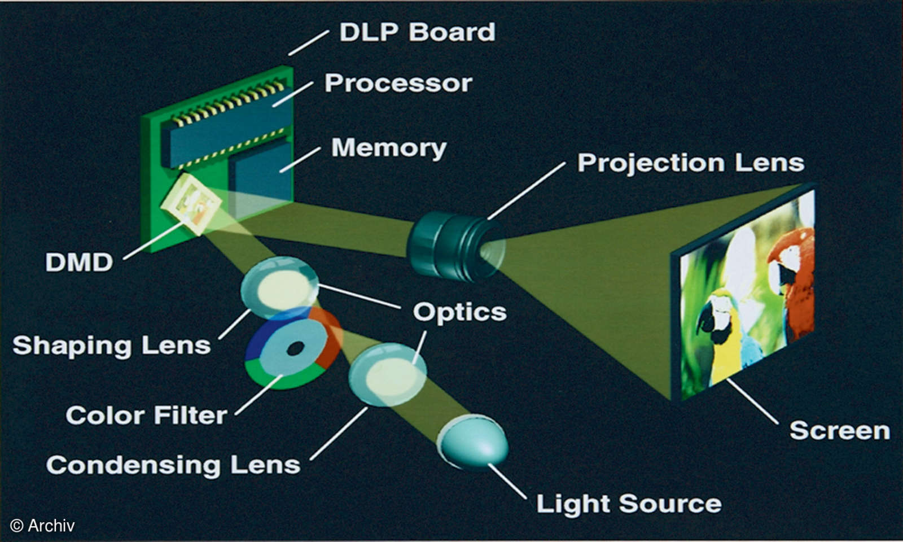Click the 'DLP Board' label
pyautogui.click(x=417, y=32)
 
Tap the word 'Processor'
pyautogui.click(x=398, y=84)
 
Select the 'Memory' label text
pyautogui.click(x=388, y=148)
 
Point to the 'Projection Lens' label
pyautogui.click(x=690, y=163)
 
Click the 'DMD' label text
pyautogui.click(x=79, y=263)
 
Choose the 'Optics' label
pyautogui.click(x=459, y=312)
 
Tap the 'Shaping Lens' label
pyautogui.click(x=112, y=346)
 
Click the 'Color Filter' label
pyautogui.click(x=146, y=416)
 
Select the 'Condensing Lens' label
pyautogui.click(x=173, y=465)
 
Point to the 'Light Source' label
pyautogui.click(x=628, y=504)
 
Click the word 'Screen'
pyautogui.click(x=839, y=431)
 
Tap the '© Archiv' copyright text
pyautogui.click(x=42, y=526)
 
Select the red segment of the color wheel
pyautogui.click(x=329, y=339)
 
